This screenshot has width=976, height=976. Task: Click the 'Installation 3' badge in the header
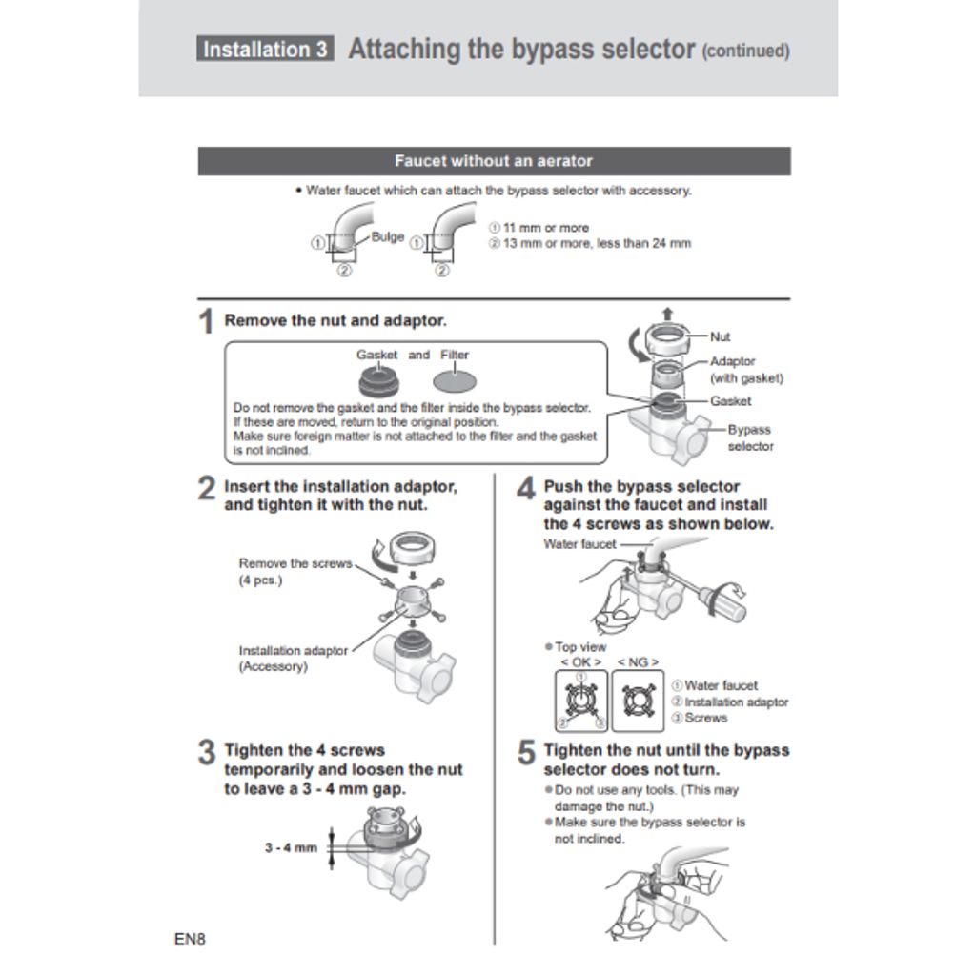click(x=265, y=49)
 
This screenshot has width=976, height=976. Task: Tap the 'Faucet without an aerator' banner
click(x=495, y=161)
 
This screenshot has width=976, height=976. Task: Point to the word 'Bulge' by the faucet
click(x=388, y=236)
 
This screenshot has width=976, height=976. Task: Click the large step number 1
click(x=206, y=321)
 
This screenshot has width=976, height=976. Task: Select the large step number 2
click(x=207, y=488)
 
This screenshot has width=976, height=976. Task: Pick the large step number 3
click(x=207, y=752)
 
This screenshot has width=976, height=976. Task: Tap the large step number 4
click(x=526, y=488)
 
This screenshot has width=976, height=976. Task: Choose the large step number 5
click(x=526, y=752)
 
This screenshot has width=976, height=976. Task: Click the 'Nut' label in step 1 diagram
click(x=721, y=336)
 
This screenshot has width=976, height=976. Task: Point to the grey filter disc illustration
click(x=455, y=381)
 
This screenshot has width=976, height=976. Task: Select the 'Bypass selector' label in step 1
click(x=750, y=437)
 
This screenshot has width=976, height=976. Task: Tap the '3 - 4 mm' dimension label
click(x=292, y=847)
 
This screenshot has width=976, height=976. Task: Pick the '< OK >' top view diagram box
click(x=581, y=701)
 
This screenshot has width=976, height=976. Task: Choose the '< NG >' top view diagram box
click(x=638, y=701)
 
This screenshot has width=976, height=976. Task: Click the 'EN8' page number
click(x=190, y=939)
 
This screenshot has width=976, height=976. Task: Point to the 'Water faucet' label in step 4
click(x=579, y=544)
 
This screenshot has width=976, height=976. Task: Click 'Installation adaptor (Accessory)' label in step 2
click(x=294, y=659)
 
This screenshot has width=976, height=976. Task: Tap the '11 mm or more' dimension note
click(x=539, y=228)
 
